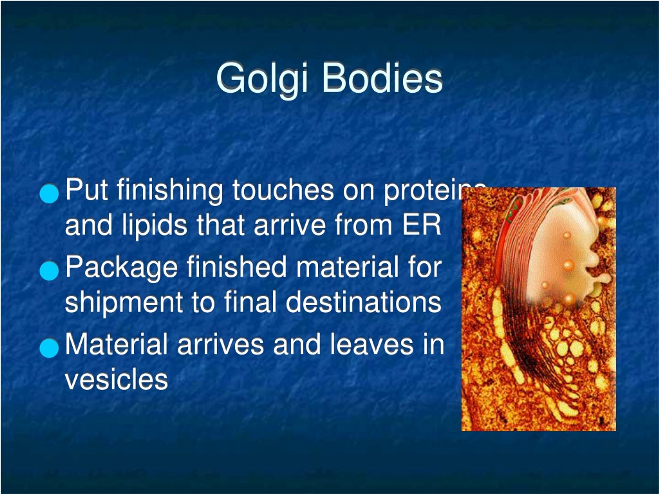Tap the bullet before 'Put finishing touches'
(49, 193)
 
